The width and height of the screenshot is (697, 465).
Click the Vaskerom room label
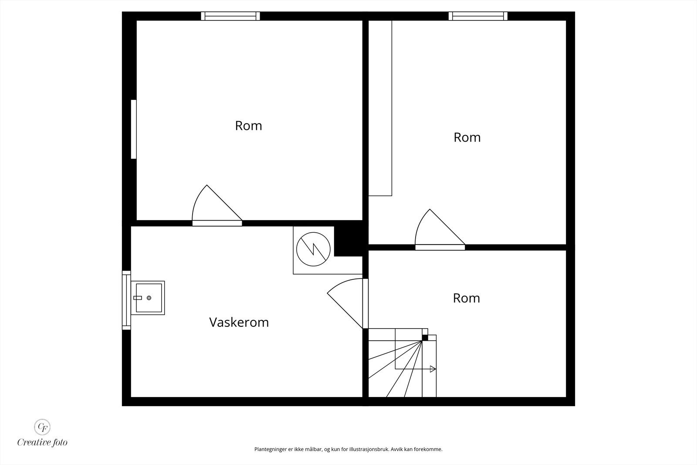pos(239,322)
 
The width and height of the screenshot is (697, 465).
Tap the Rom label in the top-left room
pos(248,126)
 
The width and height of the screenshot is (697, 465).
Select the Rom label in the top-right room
pos(467,137)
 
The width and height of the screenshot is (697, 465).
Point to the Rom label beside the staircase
pos(467,298)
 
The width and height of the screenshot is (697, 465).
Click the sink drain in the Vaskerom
pos(149,298)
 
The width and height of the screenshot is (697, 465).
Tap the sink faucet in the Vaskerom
pos(138,298)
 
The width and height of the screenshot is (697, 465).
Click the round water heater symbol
pos(313,249)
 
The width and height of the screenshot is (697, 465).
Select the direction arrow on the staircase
pos(433,369)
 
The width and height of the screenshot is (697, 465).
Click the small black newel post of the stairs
pos(425,338)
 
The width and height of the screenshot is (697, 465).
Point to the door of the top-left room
pos(217,206)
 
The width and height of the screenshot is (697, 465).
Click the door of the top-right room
pos(440,230)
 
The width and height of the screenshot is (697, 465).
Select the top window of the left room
pos(230,16)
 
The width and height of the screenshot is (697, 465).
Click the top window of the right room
pos(478,16)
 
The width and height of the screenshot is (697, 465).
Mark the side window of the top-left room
pos(133,129)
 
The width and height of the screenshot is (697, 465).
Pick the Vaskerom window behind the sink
pos(126,300)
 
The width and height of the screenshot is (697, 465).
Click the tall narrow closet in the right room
pos(380,108)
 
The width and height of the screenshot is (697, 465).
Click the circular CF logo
pos(42,427)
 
